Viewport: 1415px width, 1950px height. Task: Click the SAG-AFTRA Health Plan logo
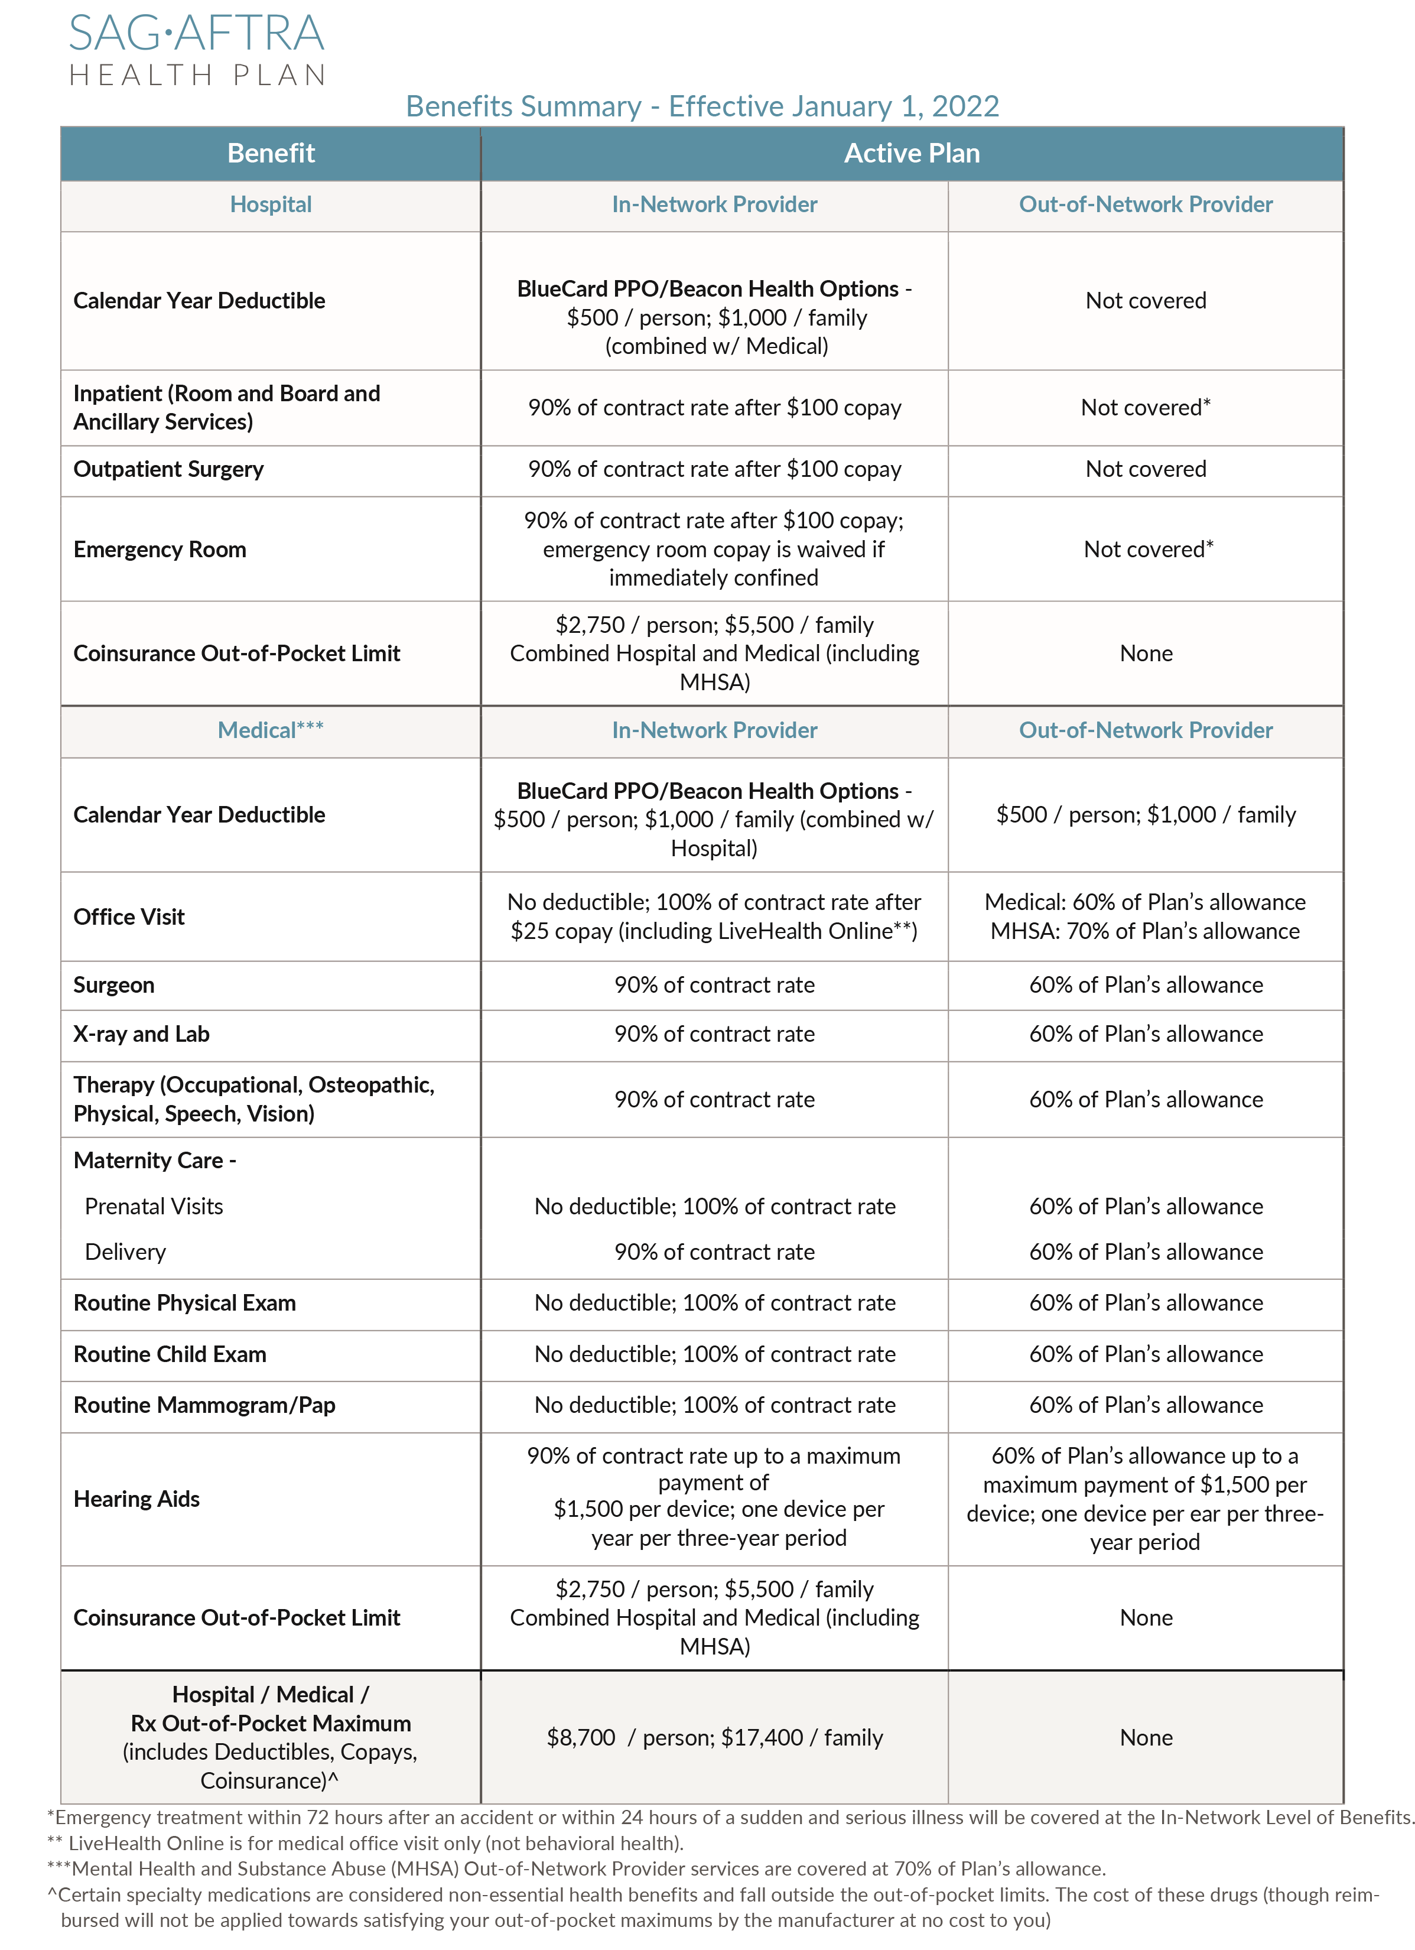[197, 50]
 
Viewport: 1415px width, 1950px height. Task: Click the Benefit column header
[271, 153]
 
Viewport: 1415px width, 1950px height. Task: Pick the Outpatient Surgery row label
[168, 469]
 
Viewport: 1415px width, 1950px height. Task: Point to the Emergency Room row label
[160, 550]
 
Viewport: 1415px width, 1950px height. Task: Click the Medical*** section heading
[271, 730]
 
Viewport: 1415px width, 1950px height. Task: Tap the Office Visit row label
[129, 916]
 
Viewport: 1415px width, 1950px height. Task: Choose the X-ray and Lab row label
[142, 1034]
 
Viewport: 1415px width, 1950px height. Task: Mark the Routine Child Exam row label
[170, 1354]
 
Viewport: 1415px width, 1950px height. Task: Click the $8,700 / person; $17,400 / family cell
[714, 1738]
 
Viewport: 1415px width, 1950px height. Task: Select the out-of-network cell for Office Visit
[1145, 916]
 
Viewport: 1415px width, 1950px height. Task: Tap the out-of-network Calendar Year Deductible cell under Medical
[1145, 814]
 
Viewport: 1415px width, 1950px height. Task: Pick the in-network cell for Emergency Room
[714, 550]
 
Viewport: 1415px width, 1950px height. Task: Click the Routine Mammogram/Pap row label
[204, 1405]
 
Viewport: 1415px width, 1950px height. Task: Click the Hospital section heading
[271, 204]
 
